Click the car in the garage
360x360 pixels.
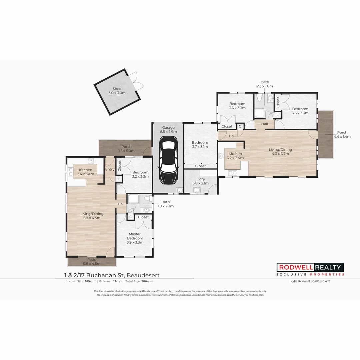pyautogui.click(x=168, y=161)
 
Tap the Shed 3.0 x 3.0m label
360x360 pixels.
pyautogui.click(x=117, y=91)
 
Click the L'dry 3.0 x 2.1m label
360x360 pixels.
pyautogui.click(x=200, y=181)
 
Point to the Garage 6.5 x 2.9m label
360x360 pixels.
pyautogui.click(x=168, y=130)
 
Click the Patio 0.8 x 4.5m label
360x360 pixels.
pyautogui.click(x=92, y=261)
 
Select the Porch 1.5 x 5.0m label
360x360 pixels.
pyautogui.click(x=126, y=149)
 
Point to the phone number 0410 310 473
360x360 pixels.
pyautogui.click(x=321, y=281)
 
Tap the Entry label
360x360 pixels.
pyautogui.click(x=110, y=169)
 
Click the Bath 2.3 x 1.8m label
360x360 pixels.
pyautogui.click(x=265, y=84)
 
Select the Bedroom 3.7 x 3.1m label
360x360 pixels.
pyautogui.click(x=200, y=145)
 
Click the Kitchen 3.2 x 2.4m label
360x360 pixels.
pyautogui.click(x=235, y=156)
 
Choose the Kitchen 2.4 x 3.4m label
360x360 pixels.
pyautogui.click(x=85, y=172)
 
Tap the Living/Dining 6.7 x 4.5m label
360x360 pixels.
pyautogui.click(x=92, y=216)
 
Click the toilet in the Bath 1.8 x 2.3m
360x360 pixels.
pyautogui.click(x=147, y=199)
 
